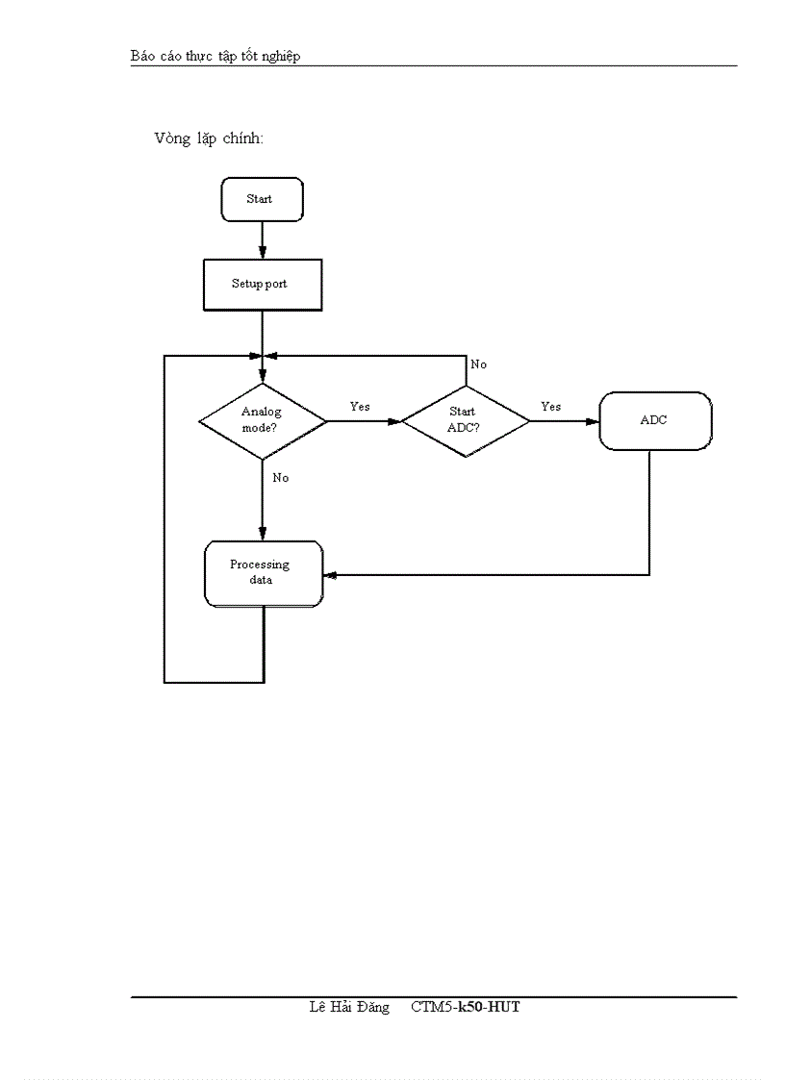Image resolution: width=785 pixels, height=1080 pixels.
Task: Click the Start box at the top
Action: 262,199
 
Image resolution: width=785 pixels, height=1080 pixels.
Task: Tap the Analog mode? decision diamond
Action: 262,420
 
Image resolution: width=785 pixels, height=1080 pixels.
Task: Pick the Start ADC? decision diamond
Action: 465,420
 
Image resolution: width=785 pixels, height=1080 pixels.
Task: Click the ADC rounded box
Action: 655,420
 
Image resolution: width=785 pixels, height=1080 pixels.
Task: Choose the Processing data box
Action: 264,573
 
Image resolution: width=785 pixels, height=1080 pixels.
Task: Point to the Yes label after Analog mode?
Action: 360,407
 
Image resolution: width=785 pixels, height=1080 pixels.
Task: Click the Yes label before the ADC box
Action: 550,407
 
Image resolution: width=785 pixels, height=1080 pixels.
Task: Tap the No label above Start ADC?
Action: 478,365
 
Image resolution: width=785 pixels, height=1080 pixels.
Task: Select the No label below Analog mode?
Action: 280,478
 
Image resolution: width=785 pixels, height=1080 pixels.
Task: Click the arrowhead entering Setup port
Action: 263,252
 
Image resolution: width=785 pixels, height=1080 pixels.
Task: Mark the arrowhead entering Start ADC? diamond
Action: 394,421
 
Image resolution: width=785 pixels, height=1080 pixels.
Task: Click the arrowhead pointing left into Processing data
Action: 330,575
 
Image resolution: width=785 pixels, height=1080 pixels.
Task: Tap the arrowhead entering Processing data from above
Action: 263,535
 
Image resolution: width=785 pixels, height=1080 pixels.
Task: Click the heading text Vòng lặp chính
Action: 209,138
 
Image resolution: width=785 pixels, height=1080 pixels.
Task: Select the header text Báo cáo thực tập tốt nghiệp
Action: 215,56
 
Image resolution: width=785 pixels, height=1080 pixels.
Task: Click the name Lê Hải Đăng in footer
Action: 349,1007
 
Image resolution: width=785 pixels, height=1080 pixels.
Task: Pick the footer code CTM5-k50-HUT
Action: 466,1007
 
